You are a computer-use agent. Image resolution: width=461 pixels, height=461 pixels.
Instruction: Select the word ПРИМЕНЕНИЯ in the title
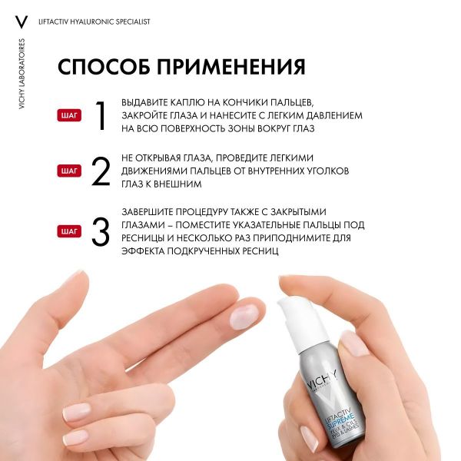tap(230, 66)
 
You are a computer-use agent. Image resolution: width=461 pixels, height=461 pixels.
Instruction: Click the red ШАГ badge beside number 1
tap(69, 115)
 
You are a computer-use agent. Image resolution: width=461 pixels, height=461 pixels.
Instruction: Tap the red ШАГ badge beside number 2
tap(69, 171)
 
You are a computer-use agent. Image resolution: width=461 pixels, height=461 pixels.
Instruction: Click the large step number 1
tap(100, 115)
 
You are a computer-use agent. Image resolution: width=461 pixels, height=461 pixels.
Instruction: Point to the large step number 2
tap(101, 171)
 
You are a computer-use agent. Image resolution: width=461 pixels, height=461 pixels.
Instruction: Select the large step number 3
tap(101, 231)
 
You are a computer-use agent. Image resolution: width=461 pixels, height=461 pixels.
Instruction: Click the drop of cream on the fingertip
tap(244, 314)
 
